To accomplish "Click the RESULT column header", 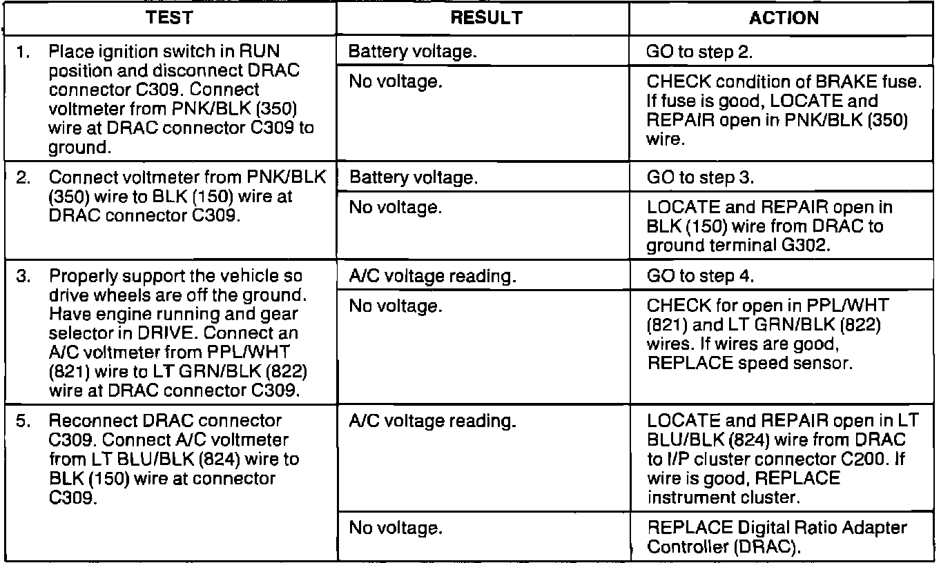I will (485, 19).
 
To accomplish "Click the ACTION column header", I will (784, 19).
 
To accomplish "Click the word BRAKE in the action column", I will (830, 82).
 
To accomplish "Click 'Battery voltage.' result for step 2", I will (413, 177).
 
